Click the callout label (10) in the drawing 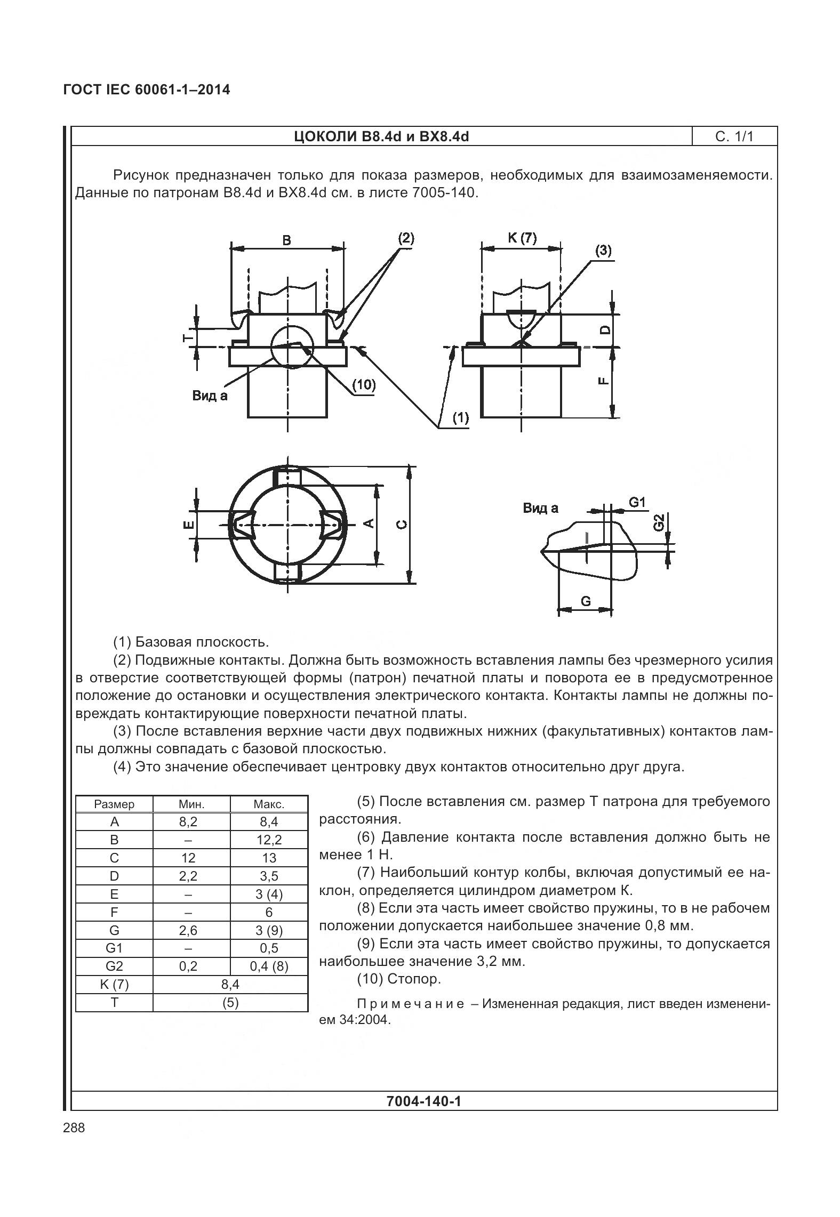(364, 385)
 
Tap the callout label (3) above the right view (603, 251)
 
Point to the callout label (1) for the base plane (460, 417)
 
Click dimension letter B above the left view (286, 240)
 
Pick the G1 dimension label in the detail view (637, 502)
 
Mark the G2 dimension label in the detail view (659, 522)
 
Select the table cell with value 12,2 (269, 840)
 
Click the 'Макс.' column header (269, 804)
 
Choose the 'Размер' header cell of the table (114, 804)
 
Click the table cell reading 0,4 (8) (269, 967)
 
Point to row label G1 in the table (114, 949)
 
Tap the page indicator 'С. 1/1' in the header (734, 136)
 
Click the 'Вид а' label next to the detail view (540, 508)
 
